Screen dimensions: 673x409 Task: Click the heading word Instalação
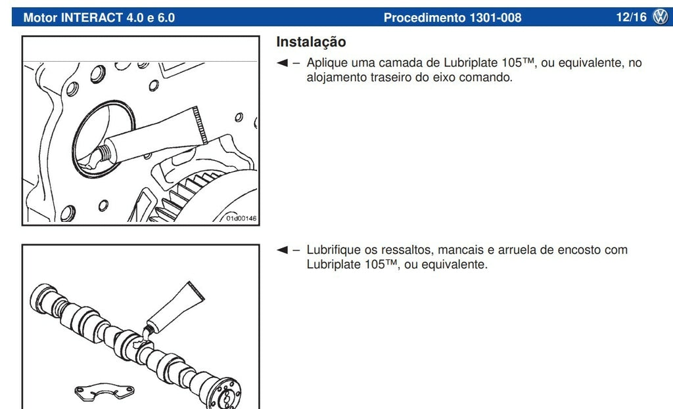tap(311, 42)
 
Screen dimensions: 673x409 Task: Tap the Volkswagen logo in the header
tap(661, 17)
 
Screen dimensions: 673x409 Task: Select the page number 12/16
tap(631, 17)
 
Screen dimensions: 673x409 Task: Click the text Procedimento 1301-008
tap(452, 18)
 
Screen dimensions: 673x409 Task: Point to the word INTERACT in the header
tap(92, 18)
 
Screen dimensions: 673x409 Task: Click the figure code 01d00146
tap(241, 218)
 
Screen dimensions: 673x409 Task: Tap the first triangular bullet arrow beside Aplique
tap(282, 63)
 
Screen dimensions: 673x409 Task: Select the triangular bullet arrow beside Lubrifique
tap(282, 249)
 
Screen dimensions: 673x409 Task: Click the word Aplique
tap(327, 63)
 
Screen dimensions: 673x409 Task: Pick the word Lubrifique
tap(334, 249)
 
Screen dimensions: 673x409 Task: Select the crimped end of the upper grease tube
tap(201, 125)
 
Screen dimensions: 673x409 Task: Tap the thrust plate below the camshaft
tap(104, 390)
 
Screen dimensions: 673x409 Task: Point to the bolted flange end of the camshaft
tap(225, 393)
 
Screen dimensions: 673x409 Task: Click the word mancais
tap(461, 250)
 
